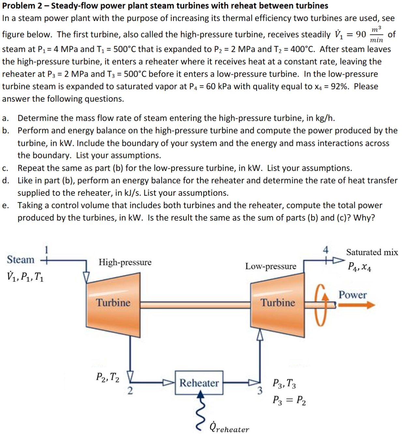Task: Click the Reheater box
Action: click(x=199, y=382)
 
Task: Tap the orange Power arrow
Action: click(x=357, y=305)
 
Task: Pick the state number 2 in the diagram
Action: click(x=130, y=391)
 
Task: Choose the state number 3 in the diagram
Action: click(x=260, y=391)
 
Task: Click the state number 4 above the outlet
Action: click(x=325, y=250)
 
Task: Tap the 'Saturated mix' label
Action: click(x=372, y=252)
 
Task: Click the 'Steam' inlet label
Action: click(x=21, y=260)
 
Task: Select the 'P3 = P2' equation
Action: click(x=289, y=400)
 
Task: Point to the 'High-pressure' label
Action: click(x=125, y=262)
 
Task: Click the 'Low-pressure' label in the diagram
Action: click(x=271, y=266)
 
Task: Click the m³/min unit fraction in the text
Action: click(x=377, y=35)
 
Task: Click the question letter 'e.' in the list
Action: click(x=5, y=206)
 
